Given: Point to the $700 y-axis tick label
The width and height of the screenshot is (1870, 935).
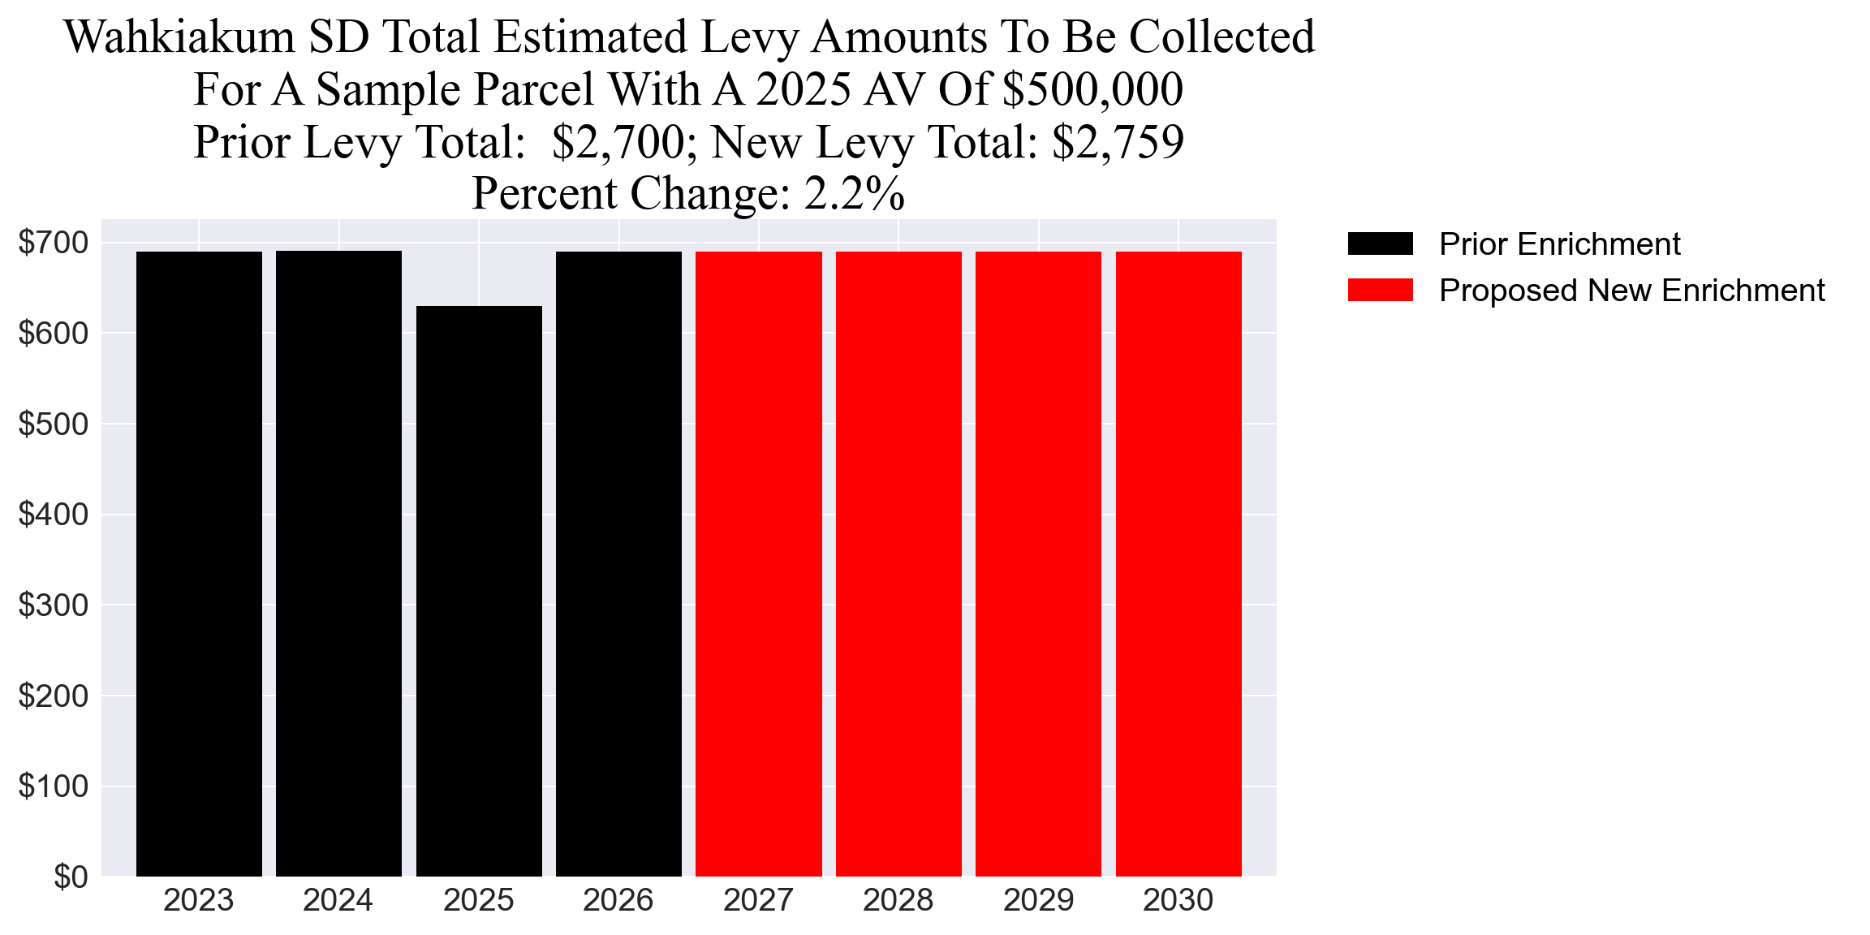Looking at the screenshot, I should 53,242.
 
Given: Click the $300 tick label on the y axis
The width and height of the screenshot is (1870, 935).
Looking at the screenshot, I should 53,605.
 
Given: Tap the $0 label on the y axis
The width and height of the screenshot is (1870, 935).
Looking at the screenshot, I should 71,877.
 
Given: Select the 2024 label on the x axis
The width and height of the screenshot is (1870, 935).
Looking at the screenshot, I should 338,901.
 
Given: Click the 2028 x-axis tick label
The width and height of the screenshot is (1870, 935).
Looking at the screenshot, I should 898,901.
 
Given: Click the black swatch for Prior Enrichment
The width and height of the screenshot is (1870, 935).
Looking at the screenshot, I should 1380,243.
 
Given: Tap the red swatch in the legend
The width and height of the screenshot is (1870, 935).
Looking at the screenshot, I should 1380,290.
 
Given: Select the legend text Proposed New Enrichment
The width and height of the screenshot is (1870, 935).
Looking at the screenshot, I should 1631,291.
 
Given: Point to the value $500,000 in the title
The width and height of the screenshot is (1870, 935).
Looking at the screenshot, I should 1092,89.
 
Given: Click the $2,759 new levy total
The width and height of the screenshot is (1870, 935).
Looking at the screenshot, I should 1118,142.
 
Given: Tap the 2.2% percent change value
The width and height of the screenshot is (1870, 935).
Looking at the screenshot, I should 854,194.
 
